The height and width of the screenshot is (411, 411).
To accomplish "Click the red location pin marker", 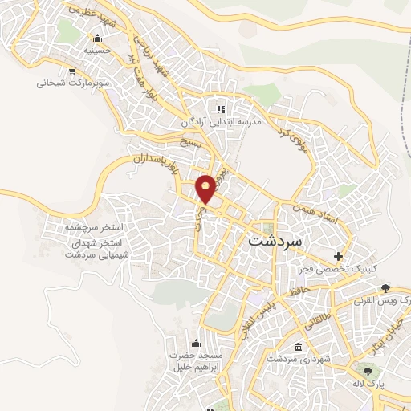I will click(x=206, y=188).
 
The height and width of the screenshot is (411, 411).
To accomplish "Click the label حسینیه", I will click(x=98, y=51).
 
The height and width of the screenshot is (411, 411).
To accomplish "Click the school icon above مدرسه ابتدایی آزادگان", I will click(x=220, y=109).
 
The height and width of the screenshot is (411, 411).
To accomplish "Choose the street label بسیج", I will click(x=190, y=141).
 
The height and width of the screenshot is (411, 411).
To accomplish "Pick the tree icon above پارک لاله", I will click(x=368, y=372).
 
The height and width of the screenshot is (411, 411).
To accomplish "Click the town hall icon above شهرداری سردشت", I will click(x=299, y=347).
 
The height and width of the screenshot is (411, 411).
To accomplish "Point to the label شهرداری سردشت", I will click(x=299, y=359).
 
